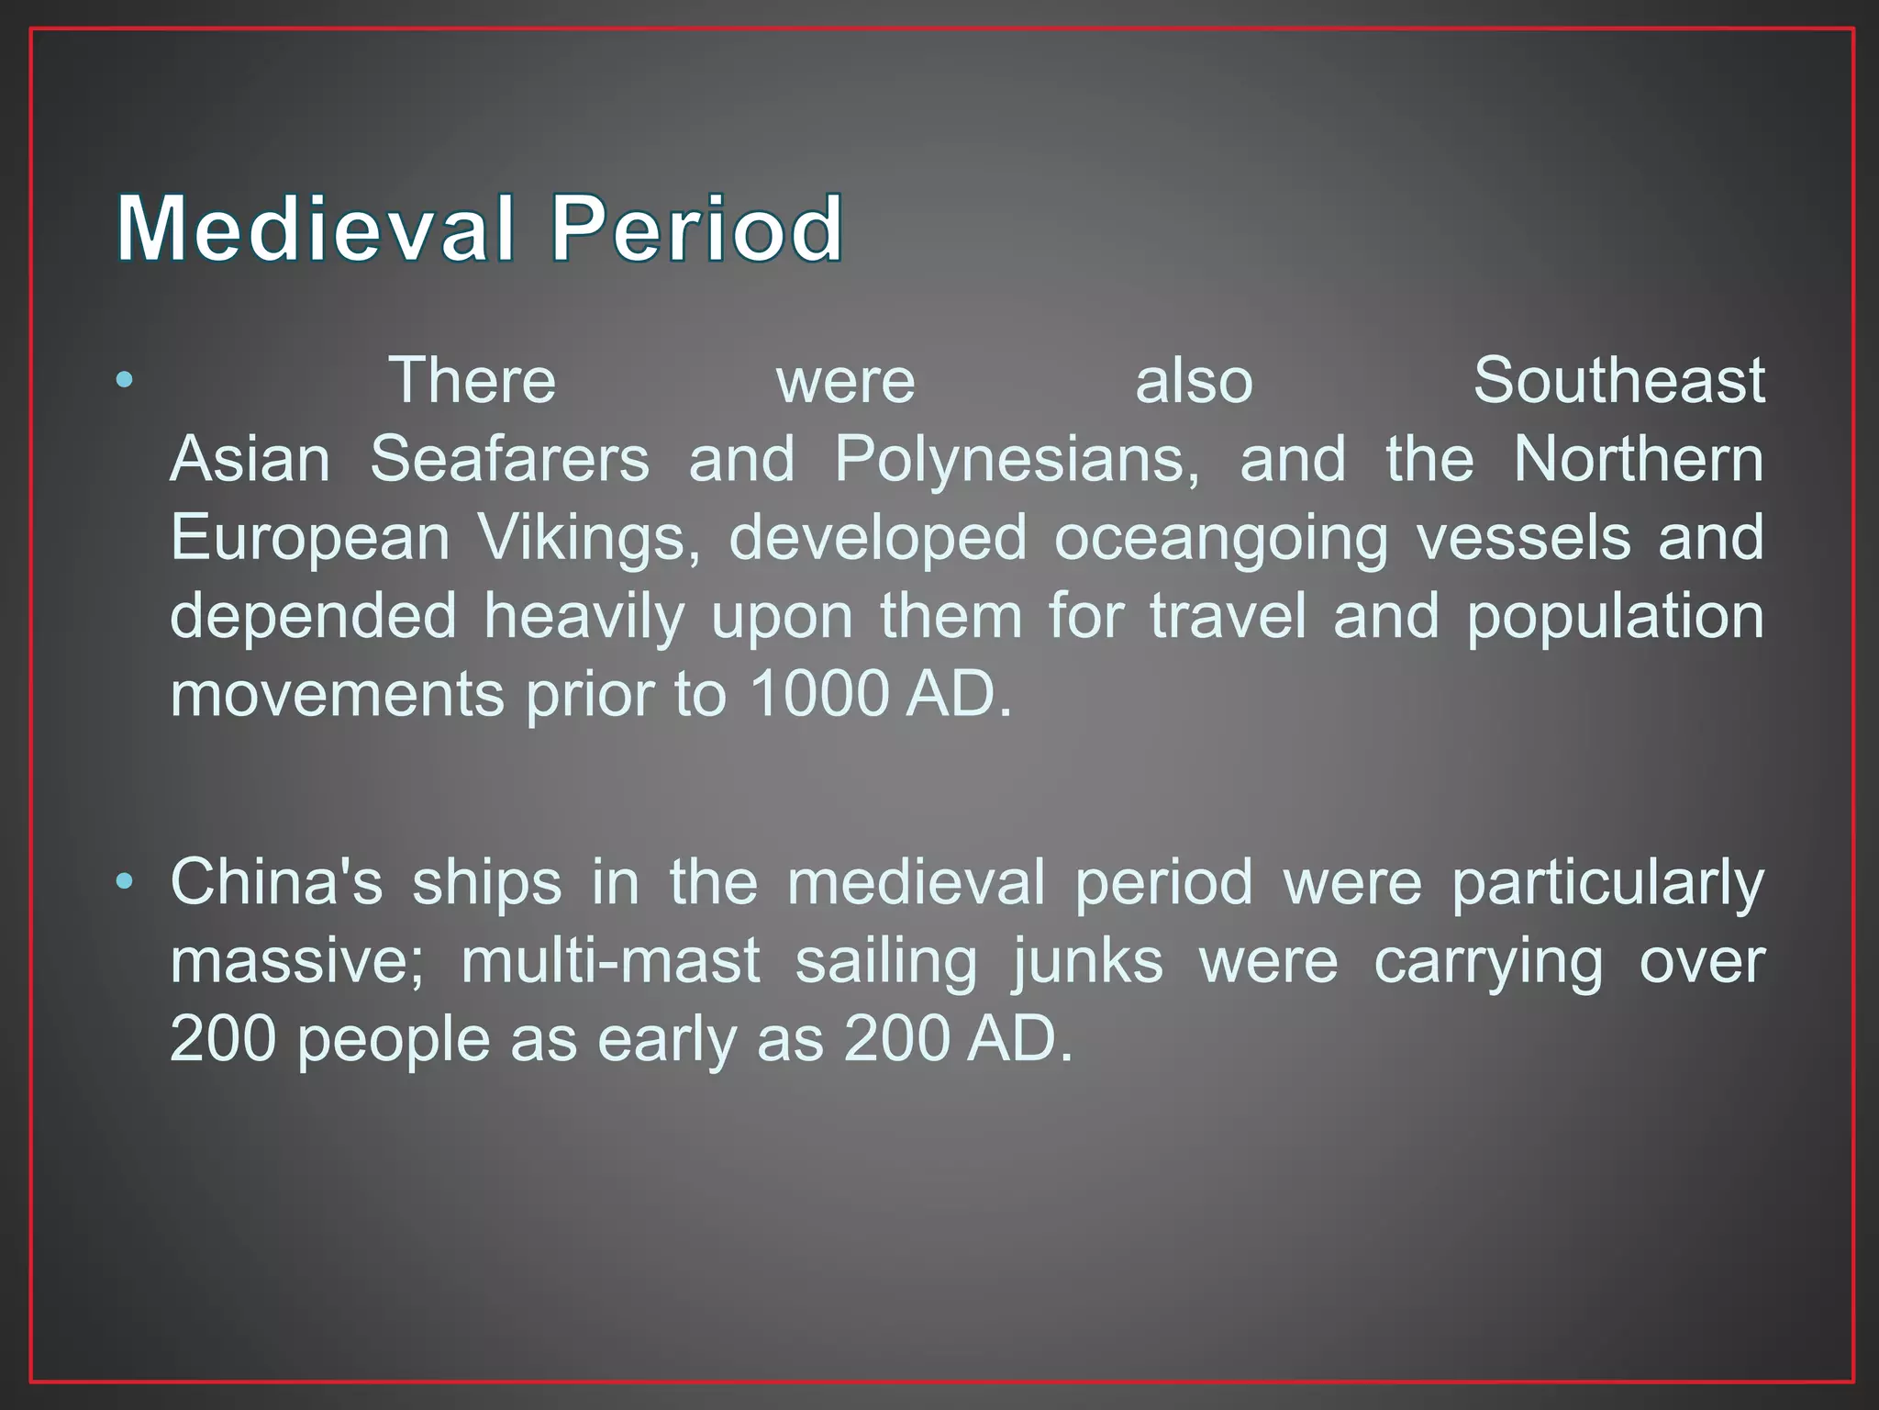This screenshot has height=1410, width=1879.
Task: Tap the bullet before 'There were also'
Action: pos(125,379)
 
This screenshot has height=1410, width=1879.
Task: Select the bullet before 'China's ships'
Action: pos(125,882)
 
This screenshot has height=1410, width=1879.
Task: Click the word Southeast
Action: pos(1618,380)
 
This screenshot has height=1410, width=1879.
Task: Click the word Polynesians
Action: pos(1016,460)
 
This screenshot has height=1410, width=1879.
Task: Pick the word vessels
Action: pos(1524,537)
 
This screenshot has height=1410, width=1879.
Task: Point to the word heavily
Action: pos(584,617)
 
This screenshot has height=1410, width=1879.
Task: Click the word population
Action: pos(1615,617)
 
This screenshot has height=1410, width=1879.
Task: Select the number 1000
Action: pos(819,693)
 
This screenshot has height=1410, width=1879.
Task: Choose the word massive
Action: pos(296,961)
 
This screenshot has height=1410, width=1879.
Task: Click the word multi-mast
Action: pos(610,961)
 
